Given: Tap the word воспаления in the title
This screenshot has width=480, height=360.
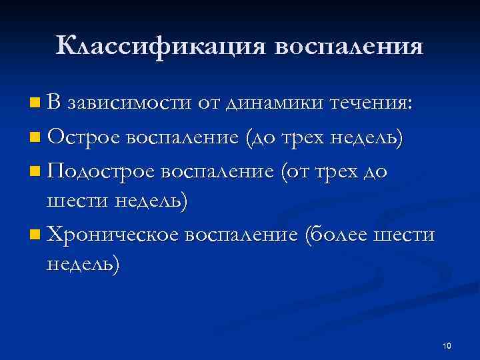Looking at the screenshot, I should point(348,47).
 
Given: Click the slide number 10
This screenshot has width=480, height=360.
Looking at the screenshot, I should point(447,345).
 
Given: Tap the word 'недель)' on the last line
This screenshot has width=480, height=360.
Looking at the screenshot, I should point(84,265).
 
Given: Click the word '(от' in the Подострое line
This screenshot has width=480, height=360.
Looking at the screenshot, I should point(294,173).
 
